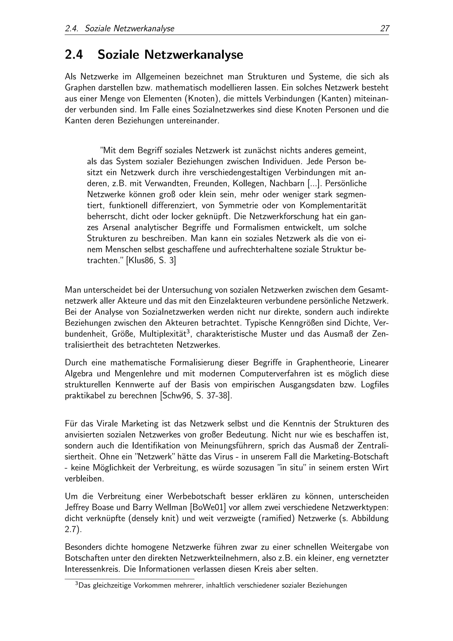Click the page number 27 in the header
pyautogui.click(x=384, y=29)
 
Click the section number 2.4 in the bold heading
pyautogui.click(x=74, y=55)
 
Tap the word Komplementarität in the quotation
pyautogui.click(x=333, y=205)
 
